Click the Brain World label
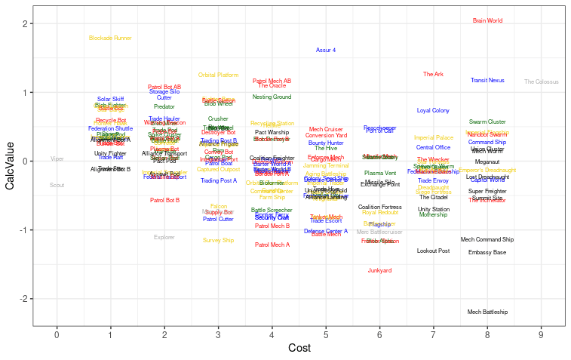point(487,21)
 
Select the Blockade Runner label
point(110,38)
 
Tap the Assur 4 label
point(326,50)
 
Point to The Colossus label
point(542,82)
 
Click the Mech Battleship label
point(487,312)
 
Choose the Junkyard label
point(379,270)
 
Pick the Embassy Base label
point(487,252)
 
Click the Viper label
point(57,158)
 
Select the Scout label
point(57,185)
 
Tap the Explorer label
point(164,237)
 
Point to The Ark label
point(434,75)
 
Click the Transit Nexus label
point(487,80)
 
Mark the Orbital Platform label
point(218,75)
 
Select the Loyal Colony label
point(434,110)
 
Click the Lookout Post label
point(434,251)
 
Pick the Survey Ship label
point(218,240)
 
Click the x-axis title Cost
point(299,348)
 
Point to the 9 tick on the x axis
point(541,334)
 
